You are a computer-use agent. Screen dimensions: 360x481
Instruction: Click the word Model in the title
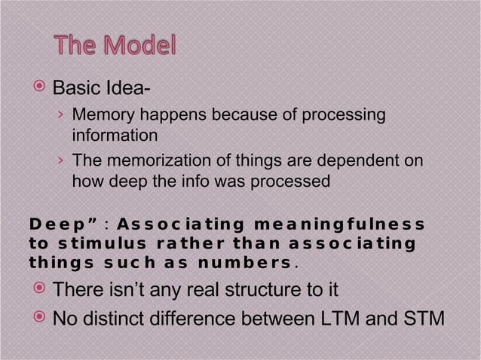tap(134, 47)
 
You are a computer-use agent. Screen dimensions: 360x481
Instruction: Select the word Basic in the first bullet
tap(74, 92)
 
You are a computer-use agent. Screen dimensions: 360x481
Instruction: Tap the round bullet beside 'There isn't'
tap(40, 290)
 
